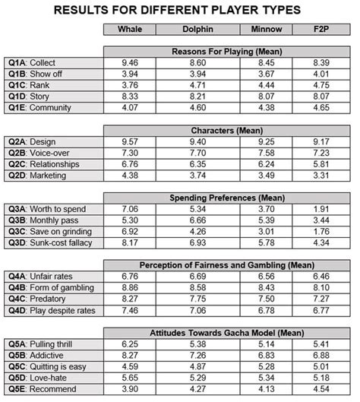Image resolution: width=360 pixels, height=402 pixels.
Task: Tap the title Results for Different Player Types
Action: pyautogui.click(x=180, y=9)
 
